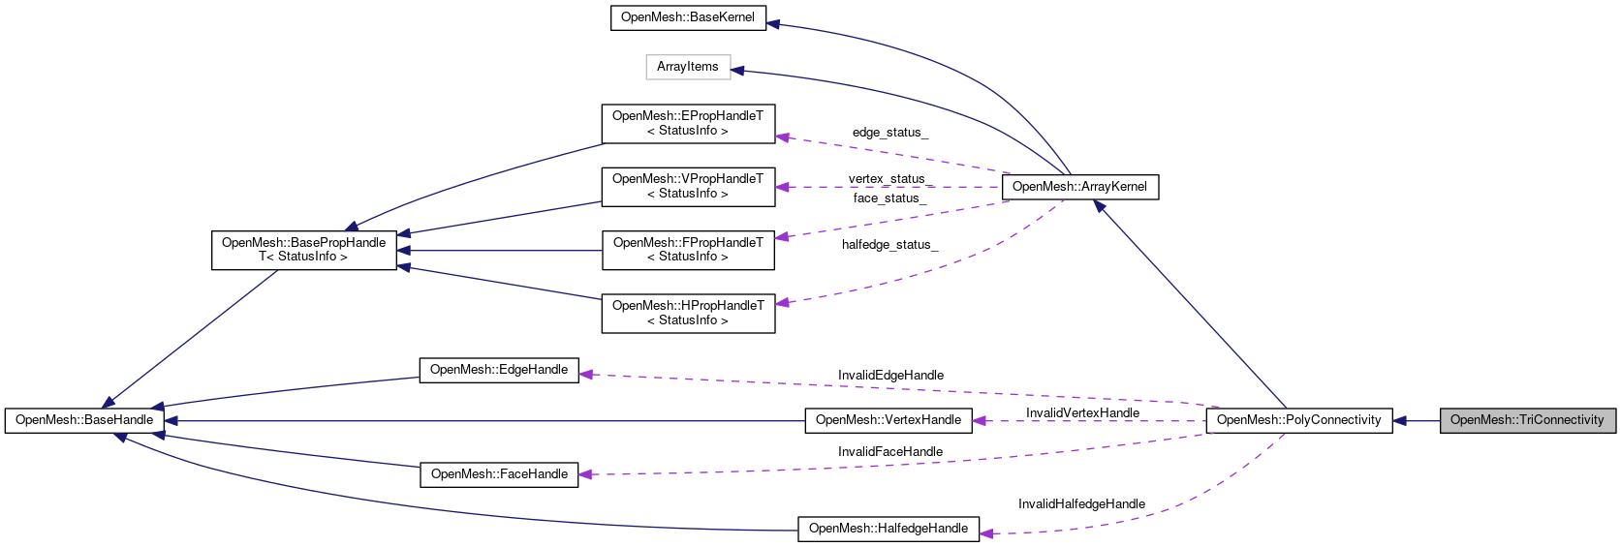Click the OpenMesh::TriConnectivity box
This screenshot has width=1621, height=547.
click(x=1527, y=420)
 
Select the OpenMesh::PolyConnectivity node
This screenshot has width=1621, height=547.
click(x=1298, y=420)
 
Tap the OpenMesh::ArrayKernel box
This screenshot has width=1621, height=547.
click(x=1079, y=187)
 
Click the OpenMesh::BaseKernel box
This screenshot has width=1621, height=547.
click(x=688, y=17)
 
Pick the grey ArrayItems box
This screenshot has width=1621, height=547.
click(x=688, y=67)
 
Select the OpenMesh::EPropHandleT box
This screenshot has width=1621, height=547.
click(x=688, y=124)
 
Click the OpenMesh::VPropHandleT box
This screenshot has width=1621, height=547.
click(x=688, y=187)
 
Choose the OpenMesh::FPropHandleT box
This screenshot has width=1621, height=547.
click(x=688, y=250)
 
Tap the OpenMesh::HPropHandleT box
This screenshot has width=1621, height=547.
click(x=688, y=314)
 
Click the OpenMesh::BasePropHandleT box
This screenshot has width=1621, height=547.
click(x=303, y=250)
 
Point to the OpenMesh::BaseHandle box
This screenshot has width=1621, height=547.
click(x=84, y=420)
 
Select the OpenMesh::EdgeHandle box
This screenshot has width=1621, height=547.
click(x=499, y=370)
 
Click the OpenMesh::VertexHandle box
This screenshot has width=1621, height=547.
click(x=888, y=420)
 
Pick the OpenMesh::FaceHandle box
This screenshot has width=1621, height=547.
click(x=499, y=474)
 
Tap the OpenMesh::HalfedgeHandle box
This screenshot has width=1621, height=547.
click(x=888, y=529)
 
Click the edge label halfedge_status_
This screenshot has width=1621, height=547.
click(x=889, y=245)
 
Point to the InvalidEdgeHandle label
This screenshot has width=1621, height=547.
click(x=890, y=376)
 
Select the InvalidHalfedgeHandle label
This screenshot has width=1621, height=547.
click(x=1081, y=504)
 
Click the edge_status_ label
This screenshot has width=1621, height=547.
click(x=889, y=133)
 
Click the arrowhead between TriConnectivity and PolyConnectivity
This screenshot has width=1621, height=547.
click(x=1400, y=420)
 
